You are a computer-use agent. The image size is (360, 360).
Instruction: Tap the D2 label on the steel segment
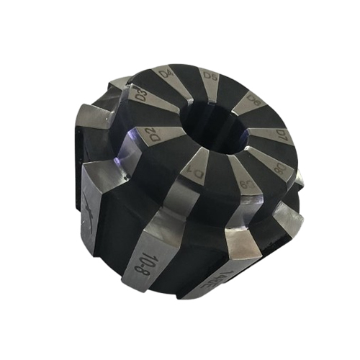click(153, 133)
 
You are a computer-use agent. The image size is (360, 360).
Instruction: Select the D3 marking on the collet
click(142, 94)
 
